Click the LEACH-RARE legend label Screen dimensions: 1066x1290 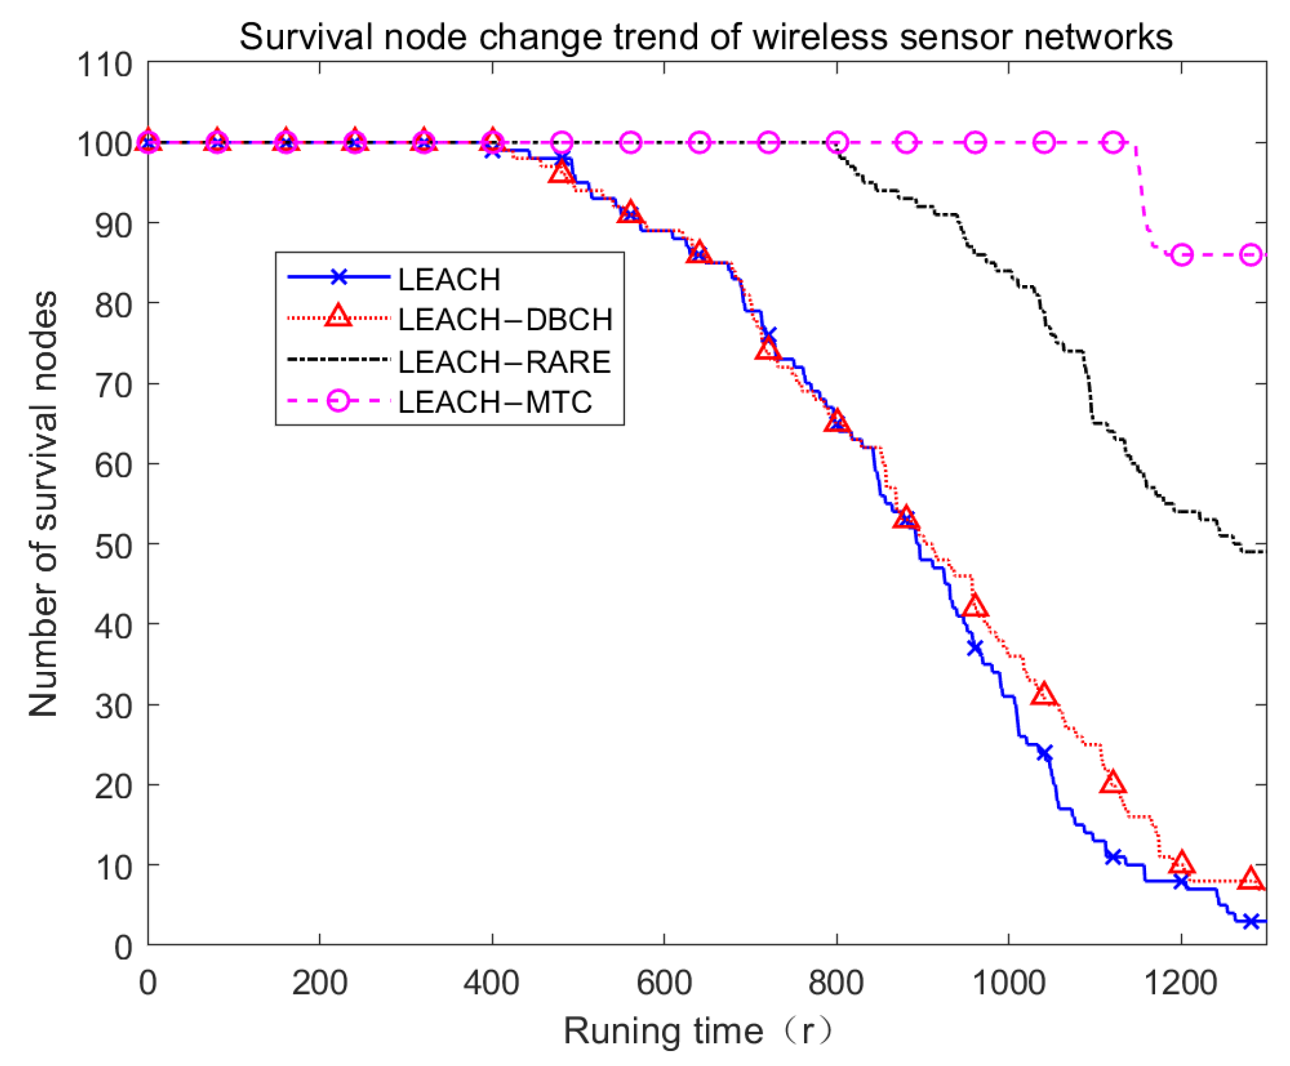[x=504, y=362]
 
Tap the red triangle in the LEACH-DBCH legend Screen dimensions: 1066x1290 [x=338, y=317]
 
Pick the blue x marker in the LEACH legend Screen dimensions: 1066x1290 [x=338, y=277]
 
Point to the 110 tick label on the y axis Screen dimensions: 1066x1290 [x=104, y=64]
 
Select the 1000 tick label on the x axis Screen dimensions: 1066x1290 [x=1009, y=982]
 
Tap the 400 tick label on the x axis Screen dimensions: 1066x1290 [x=491, y=982]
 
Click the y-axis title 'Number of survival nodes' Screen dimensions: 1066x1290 [x=43, y=504]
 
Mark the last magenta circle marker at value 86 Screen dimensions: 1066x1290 [x=1251, y=255]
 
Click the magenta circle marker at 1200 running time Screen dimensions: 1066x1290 [x=1182, y=255]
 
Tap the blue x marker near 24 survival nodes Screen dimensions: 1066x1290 [x=1044, y=753]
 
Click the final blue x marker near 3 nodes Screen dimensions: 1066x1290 [x=1251, y=921]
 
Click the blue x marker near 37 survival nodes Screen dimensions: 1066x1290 [x=975, y=647]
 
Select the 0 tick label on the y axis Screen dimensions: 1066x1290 [x=123, y=947]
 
